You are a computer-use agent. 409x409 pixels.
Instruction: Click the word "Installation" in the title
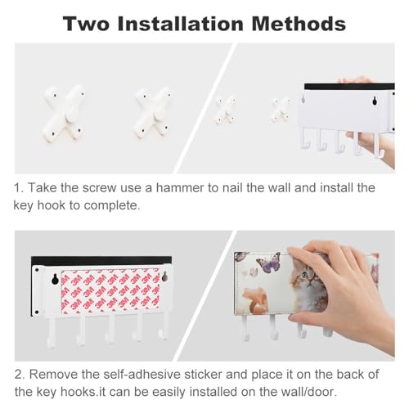pos(180,24)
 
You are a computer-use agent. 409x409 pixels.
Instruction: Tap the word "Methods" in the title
pos(299,24)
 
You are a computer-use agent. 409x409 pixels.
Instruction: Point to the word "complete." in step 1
pos(112,206)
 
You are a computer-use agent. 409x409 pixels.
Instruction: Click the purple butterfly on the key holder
pos(268,263)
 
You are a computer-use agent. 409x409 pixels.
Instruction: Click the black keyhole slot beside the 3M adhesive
pos(55,279)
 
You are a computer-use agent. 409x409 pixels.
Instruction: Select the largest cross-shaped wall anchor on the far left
pos(64,113)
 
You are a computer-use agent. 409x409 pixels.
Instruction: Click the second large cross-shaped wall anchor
pos(153,113)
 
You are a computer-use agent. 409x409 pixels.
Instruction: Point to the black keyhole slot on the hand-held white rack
pos(375,101)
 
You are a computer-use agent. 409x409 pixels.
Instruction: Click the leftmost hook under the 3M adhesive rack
pos(52,333)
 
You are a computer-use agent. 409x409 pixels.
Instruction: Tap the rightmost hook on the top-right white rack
pos(379,146)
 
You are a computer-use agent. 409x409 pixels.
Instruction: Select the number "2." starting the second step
pos(20,375)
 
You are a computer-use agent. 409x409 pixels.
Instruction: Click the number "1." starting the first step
pos(19,188)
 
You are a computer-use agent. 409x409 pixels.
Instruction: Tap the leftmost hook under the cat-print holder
pos(245,328)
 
